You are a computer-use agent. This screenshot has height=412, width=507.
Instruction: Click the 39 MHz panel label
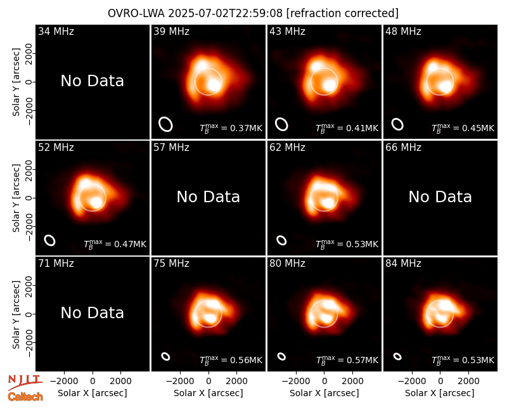(x=171, y=31)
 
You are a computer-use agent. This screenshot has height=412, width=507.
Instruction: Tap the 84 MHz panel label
(x=403, y=264)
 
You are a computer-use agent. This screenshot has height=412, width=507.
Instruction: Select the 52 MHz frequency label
(x=56, y=148)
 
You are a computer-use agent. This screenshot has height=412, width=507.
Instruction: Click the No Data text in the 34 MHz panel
(x=93, y=81)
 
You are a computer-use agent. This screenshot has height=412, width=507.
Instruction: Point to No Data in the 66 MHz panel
(x=440, y=197)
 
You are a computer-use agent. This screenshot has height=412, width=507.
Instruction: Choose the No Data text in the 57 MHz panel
(x=209, y=197)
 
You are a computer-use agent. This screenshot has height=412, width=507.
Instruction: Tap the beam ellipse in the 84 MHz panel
(x=397, y=356)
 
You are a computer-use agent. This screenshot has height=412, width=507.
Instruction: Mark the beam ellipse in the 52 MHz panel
(x=50, y=240)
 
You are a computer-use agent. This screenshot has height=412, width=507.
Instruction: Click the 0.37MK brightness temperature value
(x=247, y=129)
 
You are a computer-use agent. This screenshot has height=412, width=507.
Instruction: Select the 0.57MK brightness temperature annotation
(x=362, y=360)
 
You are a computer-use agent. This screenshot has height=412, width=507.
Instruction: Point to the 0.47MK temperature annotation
(x=131, y=244)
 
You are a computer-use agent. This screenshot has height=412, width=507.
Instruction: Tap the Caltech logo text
(x=25, y=397)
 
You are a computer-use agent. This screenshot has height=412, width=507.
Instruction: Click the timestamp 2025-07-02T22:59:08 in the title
(x=226, y=13)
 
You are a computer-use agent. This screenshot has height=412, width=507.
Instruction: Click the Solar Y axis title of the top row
(x=16, y=82)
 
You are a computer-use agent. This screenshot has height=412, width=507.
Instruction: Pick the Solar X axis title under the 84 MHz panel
(x=440, y=393)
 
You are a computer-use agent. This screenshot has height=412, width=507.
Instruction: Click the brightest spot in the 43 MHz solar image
(x=330, y=86)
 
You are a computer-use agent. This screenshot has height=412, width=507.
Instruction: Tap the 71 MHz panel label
(x=56, y=264)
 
